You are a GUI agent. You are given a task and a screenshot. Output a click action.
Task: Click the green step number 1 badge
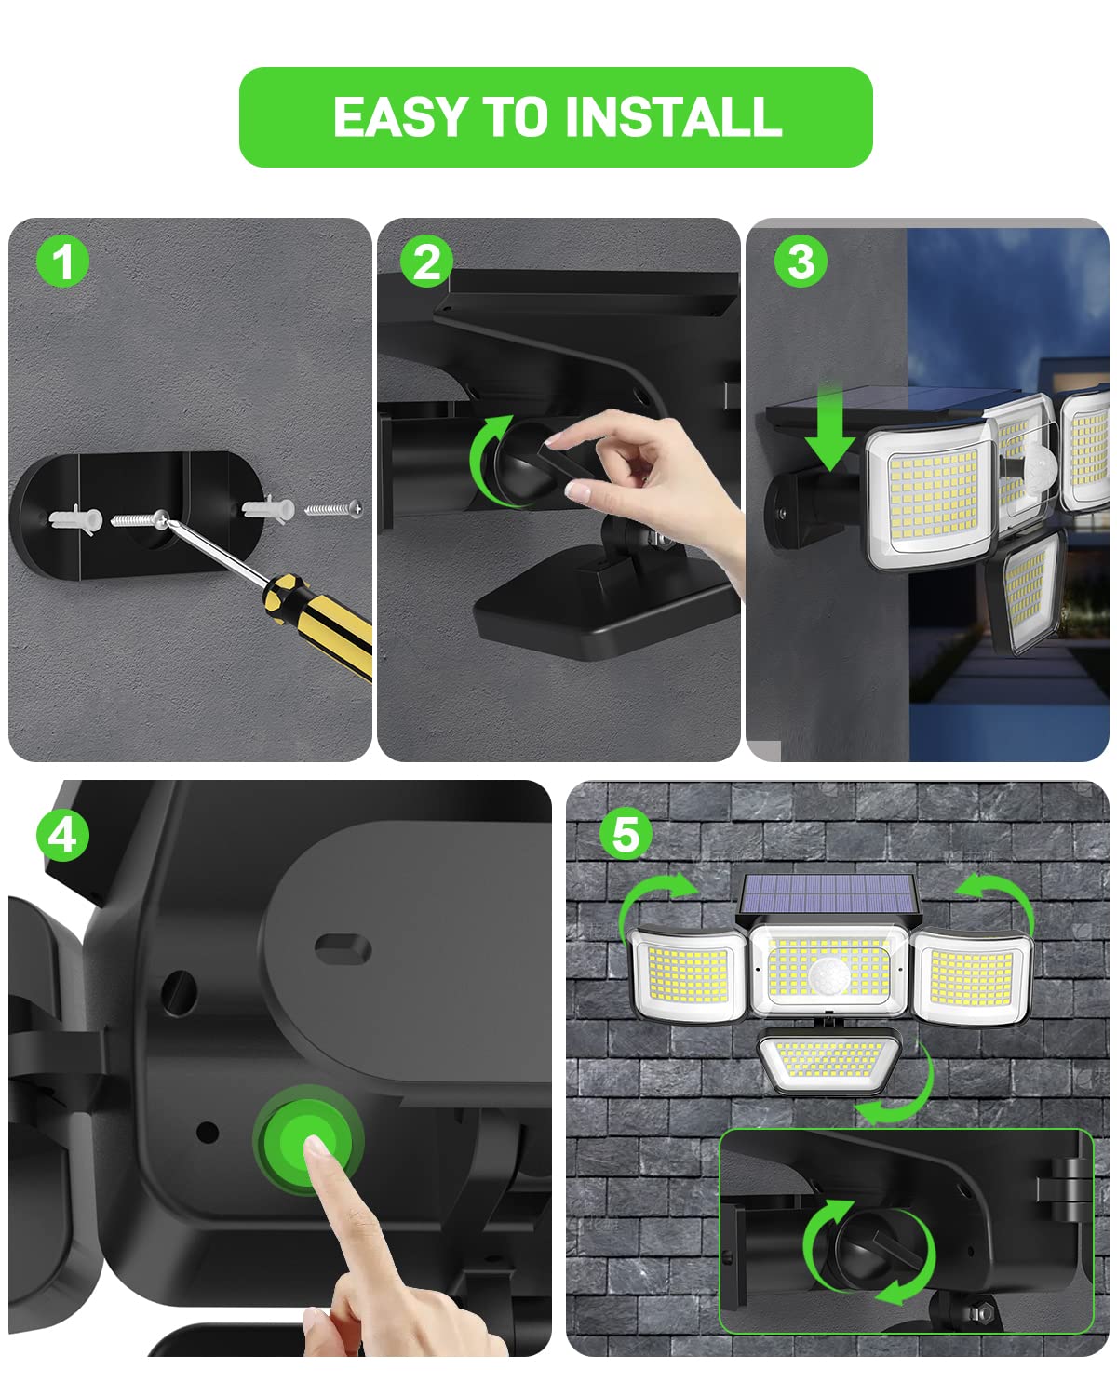coord(62,261)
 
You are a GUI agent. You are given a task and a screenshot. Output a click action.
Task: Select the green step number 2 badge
coord(425,261)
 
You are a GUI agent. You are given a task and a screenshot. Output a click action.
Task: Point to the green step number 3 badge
coord(801,261)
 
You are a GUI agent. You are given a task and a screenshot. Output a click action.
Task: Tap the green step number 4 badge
coord(62,835)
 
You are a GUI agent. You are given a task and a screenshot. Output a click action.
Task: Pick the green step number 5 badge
coord(626,834)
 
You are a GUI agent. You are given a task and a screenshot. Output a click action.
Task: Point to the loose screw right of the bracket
coord(333,508)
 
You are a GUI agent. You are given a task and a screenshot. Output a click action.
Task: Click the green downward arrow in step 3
coord(829,428)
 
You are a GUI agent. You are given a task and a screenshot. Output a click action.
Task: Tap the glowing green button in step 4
coord(308,1141)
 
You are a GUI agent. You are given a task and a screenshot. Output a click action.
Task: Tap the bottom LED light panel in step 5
coord(828,1060)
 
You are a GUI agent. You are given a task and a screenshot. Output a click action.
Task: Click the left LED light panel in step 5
coord(688,975)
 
